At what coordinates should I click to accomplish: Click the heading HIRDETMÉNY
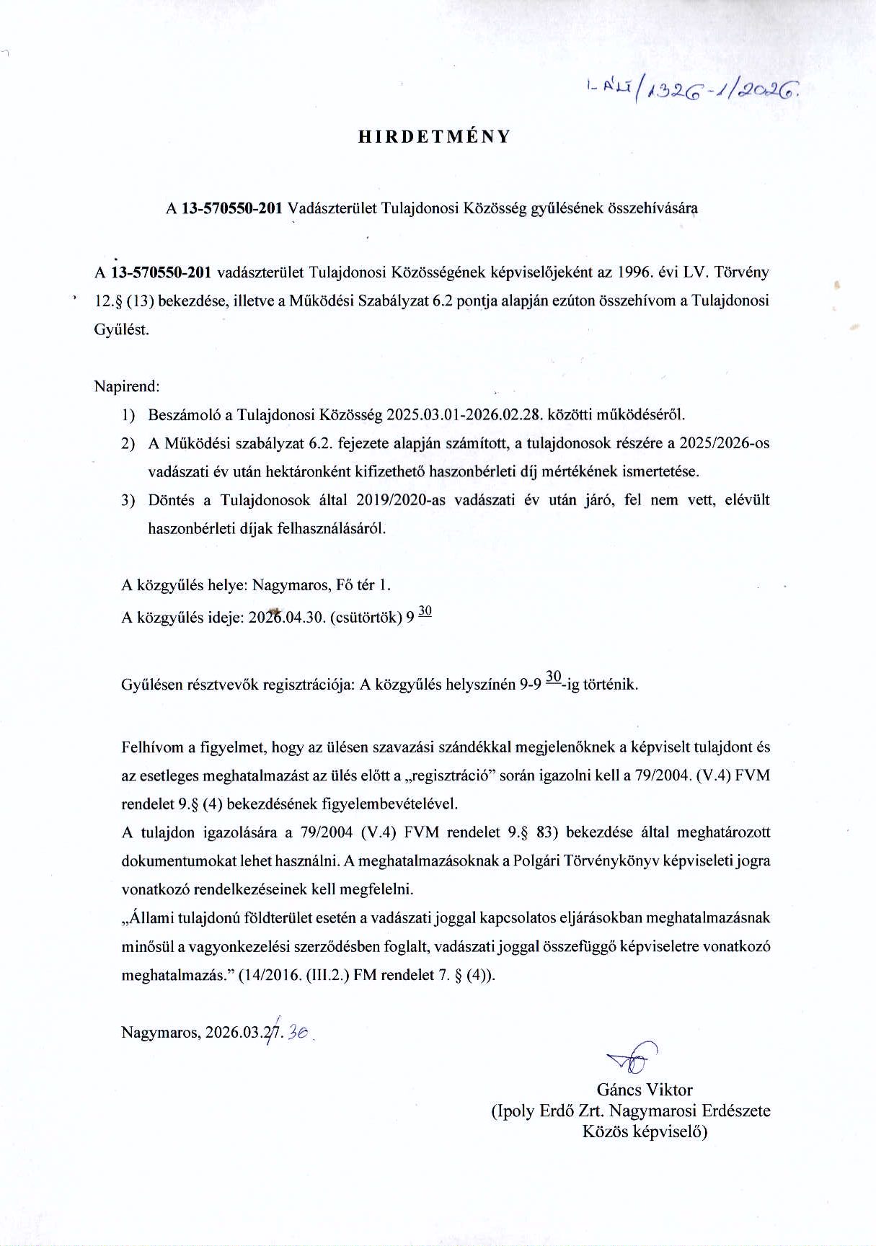pyautogui.click(x=434, y=137)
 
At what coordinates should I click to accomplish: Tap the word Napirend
pyautogui.click(x=126, y=386)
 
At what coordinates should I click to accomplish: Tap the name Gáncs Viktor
pyautogui.click(x=644, y=1089)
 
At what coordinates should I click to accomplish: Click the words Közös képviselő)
pyautogui.click(x=645, y=1131)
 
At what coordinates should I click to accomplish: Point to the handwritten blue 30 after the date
pyautogui.click(x=297, y=1033)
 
